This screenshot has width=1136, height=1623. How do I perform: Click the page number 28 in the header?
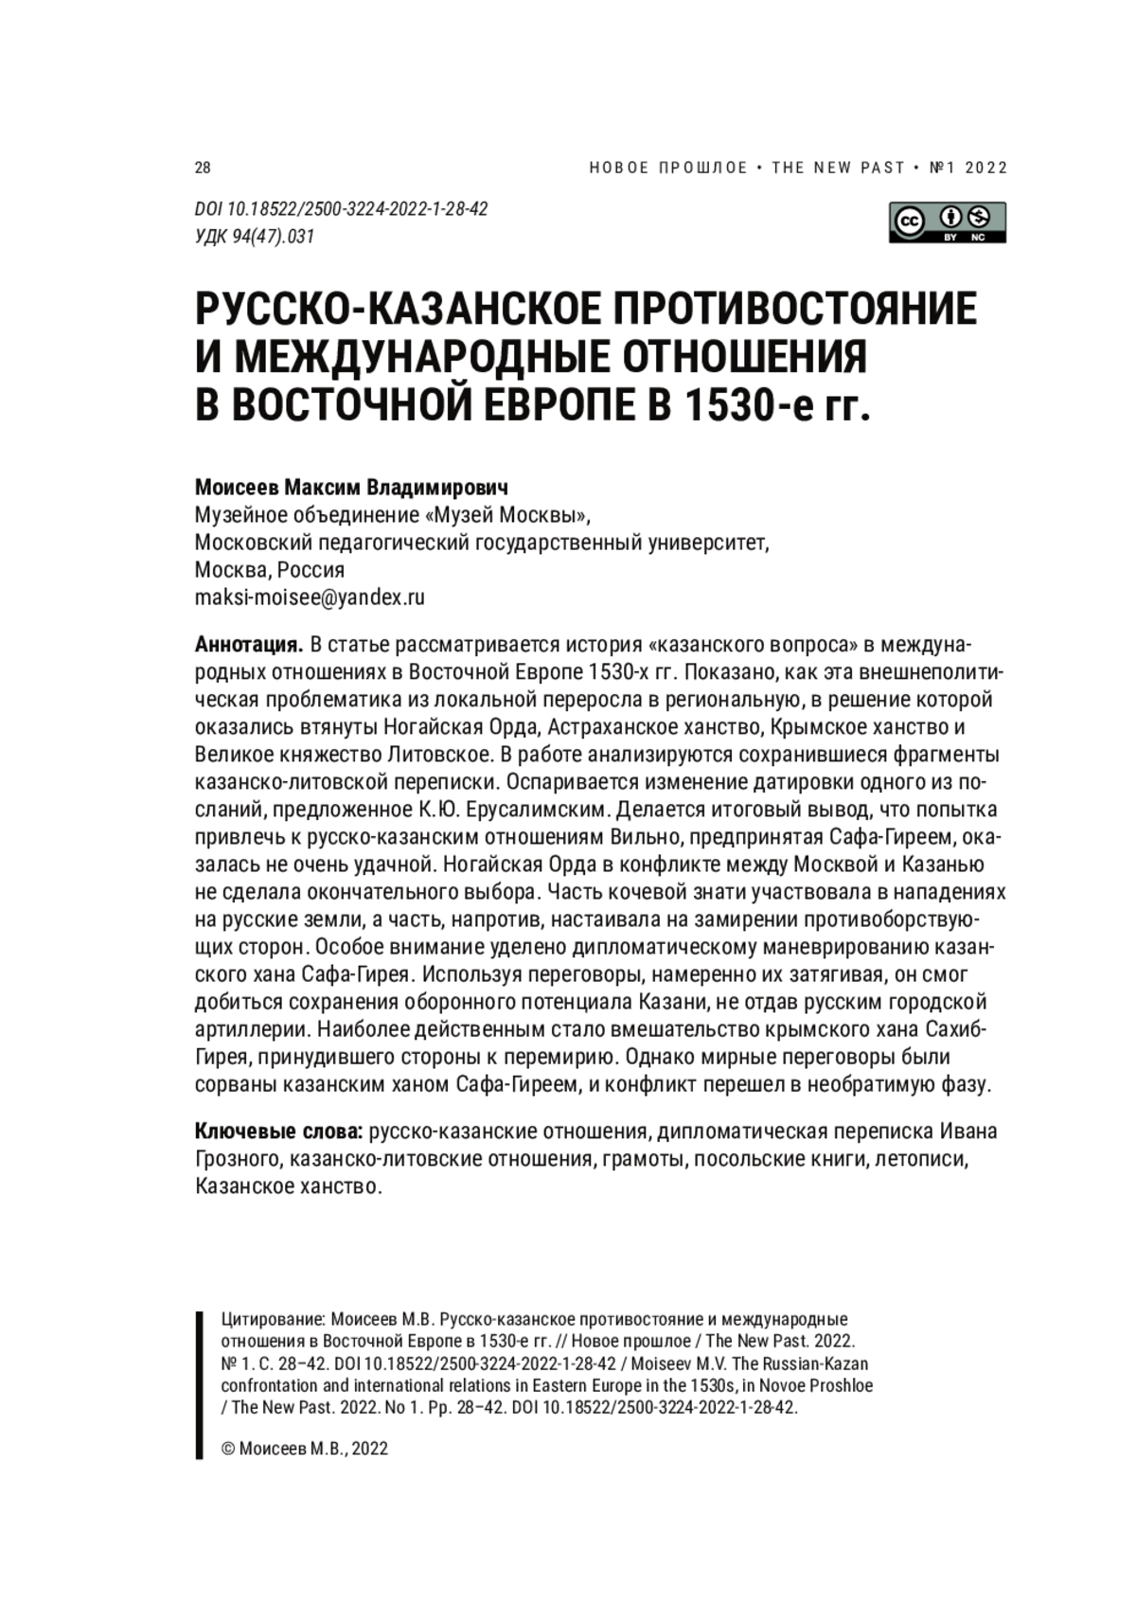(203, 169)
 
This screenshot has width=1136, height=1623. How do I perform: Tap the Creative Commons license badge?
(947, 223)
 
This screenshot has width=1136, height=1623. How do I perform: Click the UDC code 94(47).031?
(254, 237)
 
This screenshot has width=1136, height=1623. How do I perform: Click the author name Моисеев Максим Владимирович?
(351, 488)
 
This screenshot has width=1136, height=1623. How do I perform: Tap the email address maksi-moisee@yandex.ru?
(310, 597)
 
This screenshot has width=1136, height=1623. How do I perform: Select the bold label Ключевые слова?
(279, 1132)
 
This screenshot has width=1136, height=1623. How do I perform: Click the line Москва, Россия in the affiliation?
(269, 570)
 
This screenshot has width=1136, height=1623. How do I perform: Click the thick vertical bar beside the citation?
(199, 1384)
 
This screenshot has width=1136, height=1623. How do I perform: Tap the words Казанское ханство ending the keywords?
(288, 1186)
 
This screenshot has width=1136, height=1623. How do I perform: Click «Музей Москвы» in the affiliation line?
(516, 515)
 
